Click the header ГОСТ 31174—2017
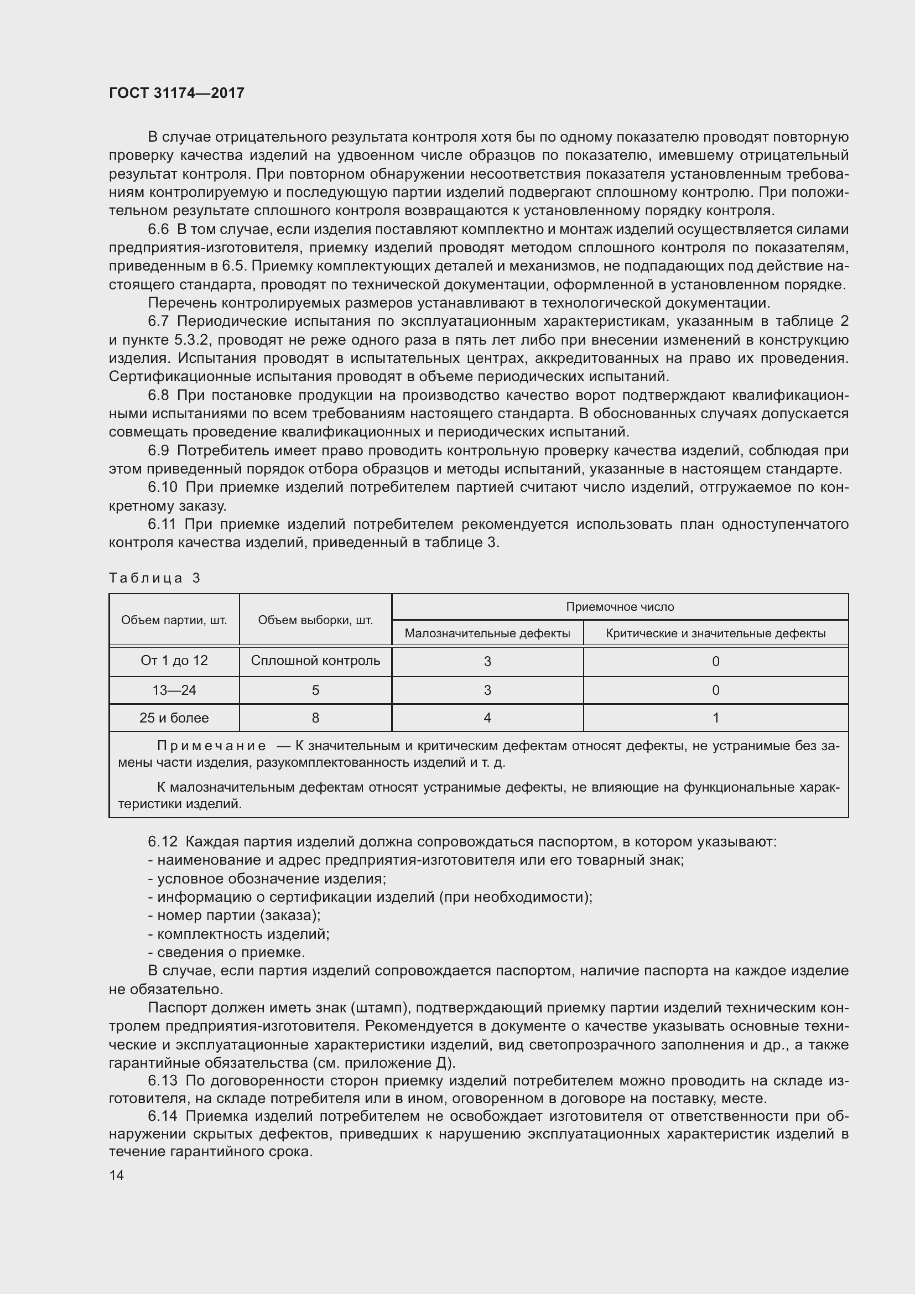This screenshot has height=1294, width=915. [176, 93]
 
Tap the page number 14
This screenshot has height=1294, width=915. [117, 1175]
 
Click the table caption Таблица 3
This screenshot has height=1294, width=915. [154, 578]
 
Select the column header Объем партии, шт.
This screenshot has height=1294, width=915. [174, 620]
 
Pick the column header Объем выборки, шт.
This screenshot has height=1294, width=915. [315, 620]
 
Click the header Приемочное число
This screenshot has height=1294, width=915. [620, 607]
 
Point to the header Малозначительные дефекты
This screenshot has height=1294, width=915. [487, 633]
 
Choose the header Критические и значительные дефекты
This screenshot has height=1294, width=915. [715, 633]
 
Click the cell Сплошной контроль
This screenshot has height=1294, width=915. [315, 661]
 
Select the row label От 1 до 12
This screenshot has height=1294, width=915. [174, 661]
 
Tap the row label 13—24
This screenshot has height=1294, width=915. [174, 690]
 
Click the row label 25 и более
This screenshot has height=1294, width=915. [174, 718]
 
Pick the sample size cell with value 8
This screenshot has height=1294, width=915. [315, 718]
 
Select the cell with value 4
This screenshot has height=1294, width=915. [487, 718]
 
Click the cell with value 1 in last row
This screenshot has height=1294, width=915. [715, 718]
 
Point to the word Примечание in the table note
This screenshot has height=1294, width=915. [211, 746]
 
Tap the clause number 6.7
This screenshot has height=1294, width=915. [158, 321]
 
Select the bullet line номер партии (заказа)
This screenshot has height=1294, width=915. [235, 916]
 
